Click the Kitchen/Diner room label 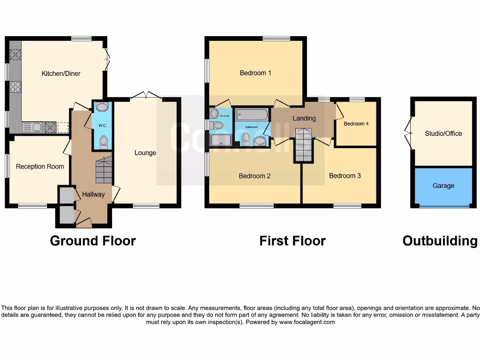pyautogui.click(x=61, y=74)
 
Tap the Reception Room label pyautogui.click(x=40, y=166)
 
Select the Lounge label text pyautogui.click(x=145, y=153)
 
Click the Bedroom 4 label pyautogui.click(x=356, y=124)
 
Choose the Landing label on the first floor pyautogui.click(x=304, y=119)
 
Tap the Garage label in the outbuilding pyautogui.click(x=443, y=186)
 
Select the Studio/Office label pyautogui.click(x=443, y=134)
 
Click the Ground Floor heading pyautogui.click(x=93, y=241)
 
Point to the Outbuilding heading pyautogui.click(x=440, y=241)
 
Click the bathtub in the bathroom pyautogui.click(x=252, y=115)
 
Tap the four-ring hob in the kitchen pyautogui.click(x=15, y=87)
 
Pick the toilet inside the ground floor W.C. pyautogui.click(x=103, y=141)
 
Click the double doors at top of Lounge pyautogui.click(x=146, y=96)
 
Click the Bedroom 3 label pyautogui.click(x=345, y=176)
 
